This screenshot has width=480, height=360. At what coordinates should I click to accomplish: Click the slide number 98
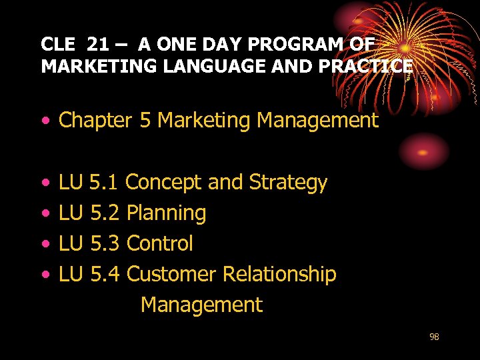434,337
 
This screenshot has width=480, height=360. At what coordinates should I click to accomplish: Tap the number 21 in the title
99,45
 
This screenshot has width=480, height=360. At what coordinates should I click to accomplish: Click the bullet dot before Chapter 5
45,121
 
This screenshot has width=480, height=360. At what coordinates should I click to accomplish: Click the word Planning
166,213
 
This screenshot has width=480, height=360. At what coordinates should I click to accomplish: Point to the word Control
159,243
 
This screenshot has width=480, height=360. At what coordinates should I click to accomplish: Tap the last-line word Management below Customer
201,305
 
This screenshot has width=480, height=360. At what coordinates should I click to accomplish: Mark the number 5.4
104,274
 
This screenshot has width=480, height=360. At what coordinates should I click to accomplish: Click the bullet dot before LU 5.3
45,244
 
